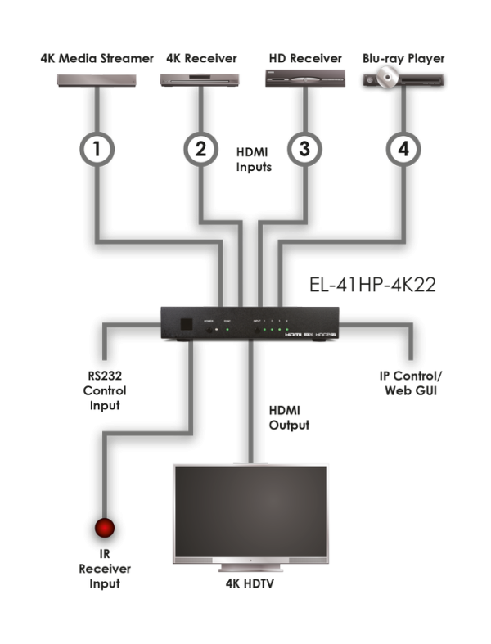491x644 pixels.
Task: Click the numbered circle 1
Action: point(97,149)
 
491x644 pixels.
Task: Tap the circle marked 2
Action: point(200,149)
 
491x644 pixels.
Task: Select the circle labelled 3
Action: point(304,149)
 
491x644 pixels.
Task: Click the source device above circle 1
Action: point(97,79)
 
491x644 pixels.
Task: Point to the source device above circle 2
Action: point(200,79)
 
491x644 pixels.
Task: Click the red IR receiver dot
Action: point(104,528)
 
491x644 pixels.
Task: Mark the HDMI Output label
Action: point(285,416)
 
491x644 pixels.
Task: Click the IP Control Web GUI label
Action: point(411,382)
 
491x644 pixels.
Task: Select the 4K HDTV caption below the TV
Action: point(250,584)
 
